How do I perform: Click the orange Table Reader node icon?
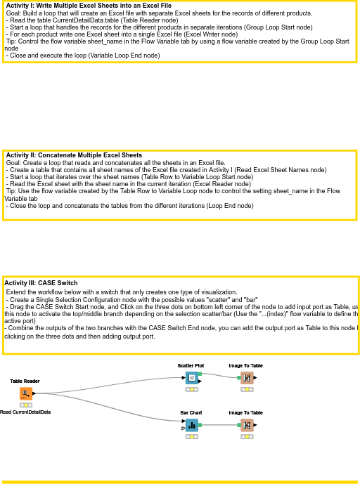click(x=25, y=393)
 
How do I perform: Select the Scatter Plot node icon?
click(x=191, y=378)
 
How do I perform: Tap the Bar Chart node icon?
click(x=191, y=424)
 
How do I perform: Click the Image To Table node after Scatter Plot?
click(x=247, y=378)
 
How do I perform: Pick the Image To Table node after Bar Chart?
click(x=247, y=424)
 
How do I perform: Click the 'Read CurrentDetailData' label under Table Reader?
click(x=25, y=412)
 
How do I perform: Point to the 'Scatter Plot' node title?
click(x=191, y=365)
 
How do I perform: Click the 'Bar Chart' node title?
click(x=191, y=413)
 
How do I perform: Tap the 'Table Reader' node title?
click(x=25, y=381)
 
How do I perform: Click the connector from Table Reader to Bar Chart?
click(x=105, y=407)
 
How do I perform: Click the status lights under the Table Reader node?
click(x=25, y=405)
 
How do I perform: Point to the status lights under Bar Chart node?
click(x=191, y=436)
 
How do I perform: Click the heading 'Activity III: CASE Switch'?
click(x=41, y=283)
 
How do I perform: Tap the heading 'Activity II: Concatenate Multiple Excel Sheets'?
click(x=73, y=155)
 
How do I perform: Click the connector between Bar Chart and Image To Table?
click(x=220, y=425)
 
